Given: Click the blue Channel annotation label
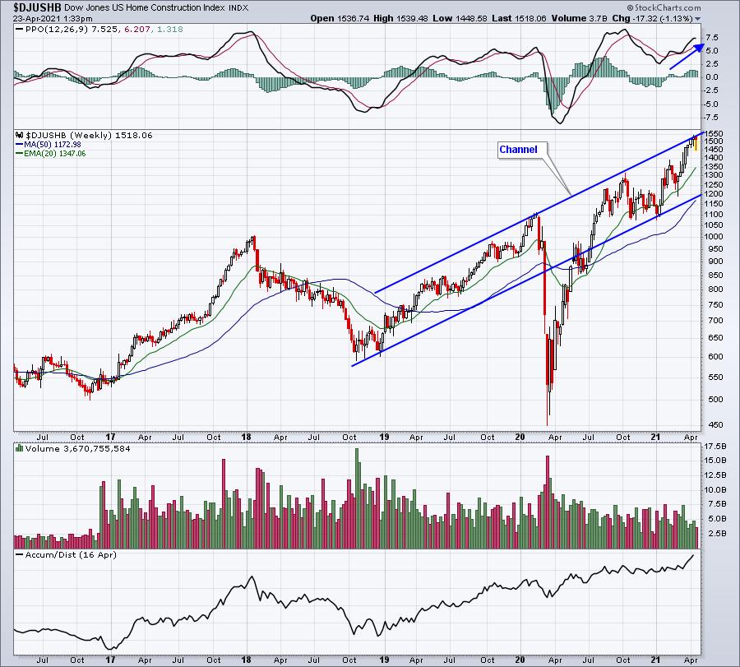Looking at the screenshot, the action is point(518,150).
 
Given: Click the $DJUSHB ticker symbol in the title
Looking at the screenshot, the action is point(37,7).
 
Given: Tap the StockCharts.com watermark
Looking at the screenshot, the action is point(664,7).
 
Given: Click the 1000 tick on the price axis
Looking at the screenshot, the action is point(714,237).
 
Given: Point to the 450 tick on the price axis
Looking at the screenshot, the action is point(712,425).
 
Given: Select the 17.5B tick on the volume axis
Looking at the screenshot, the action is point(715,446).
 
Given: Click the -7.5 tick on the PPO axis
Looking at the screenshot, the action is point(712,117).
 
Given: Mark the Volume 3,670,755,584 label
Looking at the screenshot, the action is point(77,449).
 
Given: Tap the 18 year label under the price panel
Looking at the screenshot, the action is point(246,437).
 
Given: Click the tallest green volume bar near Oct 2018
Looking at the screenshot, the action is point(357,498).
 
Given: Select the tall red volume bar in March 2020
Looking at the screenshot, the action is point(548,503).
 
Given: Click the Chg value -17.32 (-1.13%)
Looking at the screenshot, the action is point(664,18).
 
